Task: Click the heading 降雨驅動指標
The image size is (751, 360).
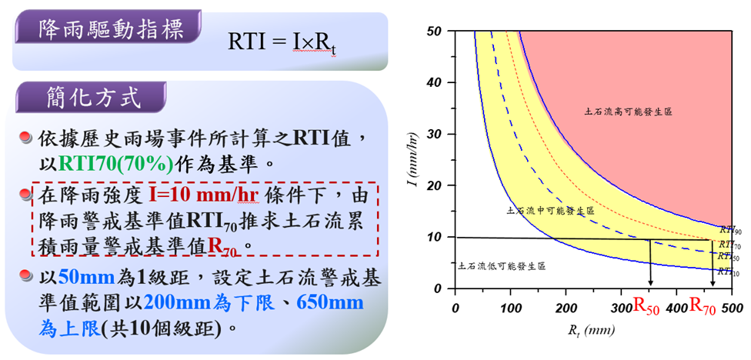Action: (x=111, y=28)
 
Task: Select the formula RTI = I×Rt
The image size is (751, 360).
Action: (x=282, y=43)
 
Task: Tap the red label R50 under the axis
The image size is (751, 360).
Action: (x=647, y=308)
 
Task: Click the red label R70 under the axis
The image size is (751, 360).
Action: (x=703, y=308)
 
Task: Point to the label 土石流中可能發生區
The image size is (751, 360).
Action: (x=550, y=210)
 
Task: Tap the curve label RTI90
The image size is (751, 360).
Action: (x=729, y=230)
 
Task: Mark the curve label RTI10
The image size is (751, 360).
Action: (x=729, y=272)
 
